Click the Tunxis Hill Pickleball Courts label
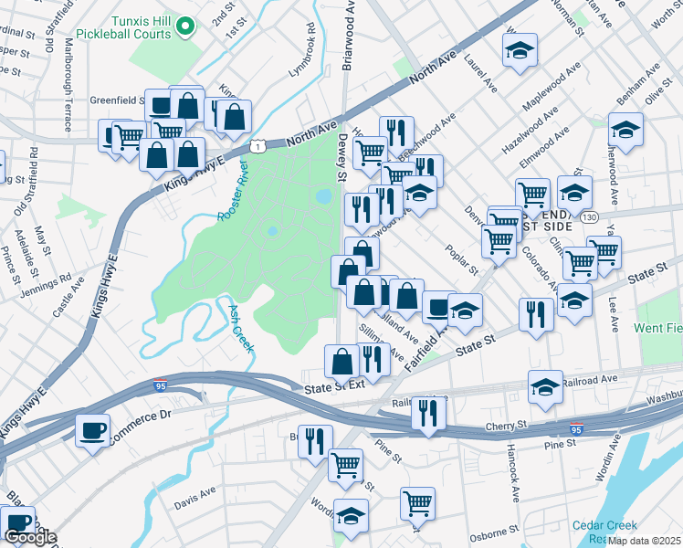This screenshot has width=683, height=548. (140, 26)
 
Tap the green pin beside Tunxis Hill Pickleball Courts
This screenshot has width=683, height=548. (186, 26)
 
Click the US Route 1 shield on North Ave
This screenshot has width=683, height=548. (260, 146)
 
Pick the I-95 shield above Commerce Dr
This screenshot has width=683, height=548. (161, 385)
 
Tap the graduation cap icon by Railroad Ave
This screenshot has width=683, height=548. (545, 386)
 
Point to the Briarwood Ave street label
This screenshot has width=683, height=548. (347, 37)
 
